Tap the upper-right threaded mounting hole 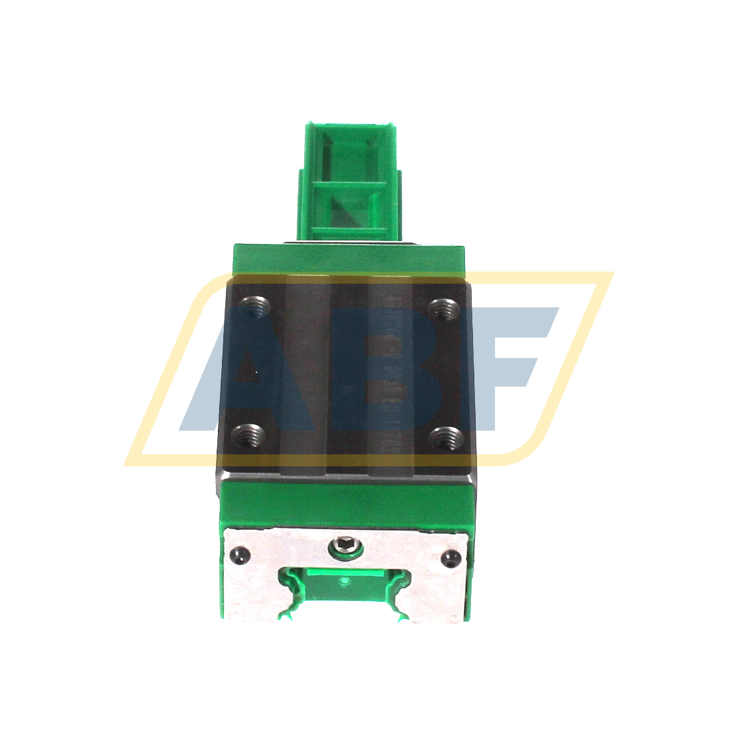[443, 308]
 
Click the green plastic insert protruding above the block [349, 180]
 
